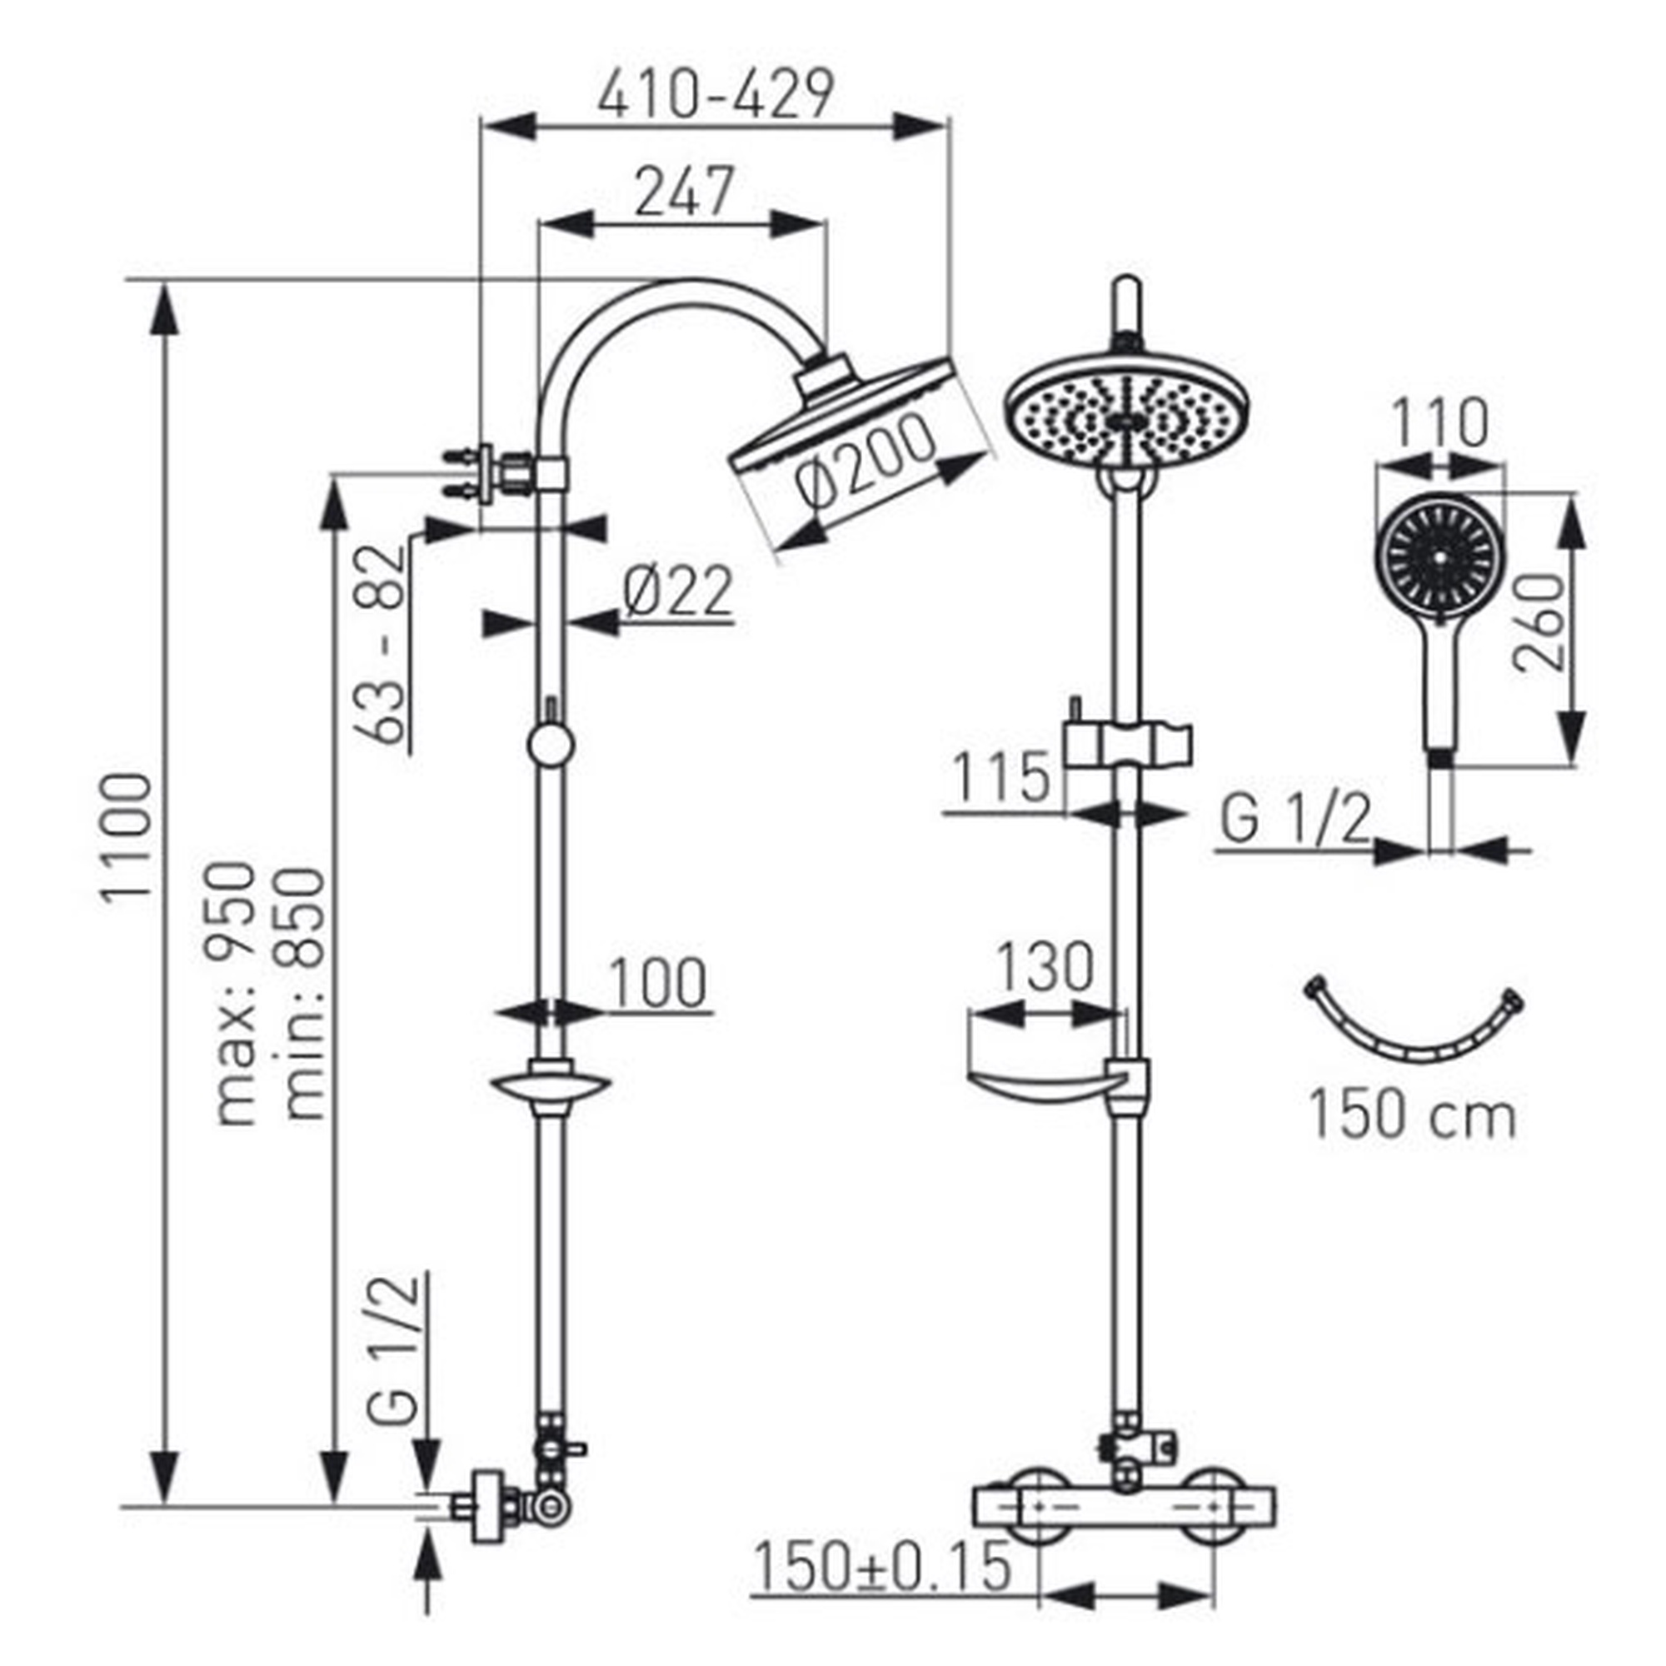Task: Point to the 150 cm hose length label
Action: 1413,1115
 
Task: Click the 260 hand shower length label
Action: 1540,621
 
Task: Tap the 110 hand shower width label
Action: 1439,422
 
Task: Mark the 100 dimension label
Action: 658,983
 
